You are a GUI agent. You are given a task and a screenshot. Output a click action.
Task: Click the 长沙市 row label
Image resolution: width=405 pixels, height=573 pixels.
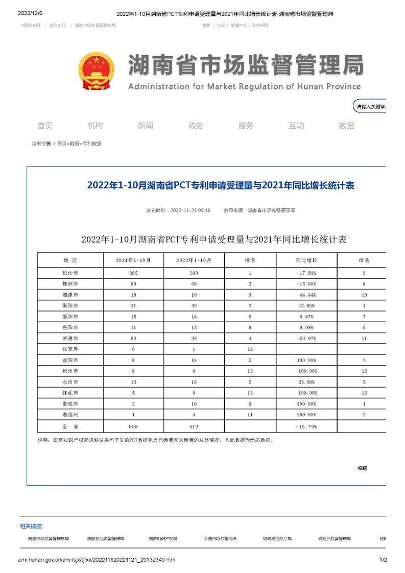pos(69,273)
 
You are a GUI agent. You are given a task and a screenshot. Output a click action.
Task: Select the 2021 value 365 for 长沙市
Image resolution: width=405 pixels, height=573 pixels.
pos(133,273)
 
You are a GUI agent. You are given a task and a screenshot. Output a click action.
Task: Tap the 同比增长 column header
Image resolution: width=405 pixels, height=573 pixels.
pos(306,260)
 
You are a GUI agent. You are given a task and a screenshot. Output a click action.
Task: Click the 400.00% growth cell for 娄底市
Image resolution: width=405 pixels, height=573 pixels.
pos(306,403)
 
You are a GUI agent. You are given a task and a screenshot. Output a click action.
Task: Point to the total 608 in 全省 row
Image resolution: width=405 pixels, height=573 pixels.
pos(133,426)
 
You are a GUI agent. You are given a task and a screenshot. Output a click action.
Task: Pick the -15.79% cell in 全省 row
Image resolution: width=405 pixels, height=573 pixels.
pos(306,426)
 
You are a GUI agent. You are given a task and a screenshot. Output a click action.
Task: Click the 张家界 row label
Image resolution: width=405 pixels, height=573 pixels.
pos(69,349)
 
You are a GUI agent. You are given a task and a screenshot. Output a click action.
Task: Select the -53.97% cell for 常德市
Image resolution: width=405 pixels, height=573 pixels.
pos(306,339)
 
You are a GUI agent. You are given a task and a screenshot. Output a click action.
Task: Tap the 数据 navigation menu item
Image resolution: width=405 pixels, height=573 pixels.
pos(346,126)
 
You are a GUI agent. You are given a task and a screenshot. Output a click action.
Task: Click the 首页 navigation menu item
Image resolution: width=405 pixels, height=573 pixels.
pos(45,126)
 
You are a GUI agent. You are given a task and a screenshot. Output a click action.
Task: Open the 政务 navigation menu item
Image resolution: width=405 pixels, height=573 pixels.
pos(196,126)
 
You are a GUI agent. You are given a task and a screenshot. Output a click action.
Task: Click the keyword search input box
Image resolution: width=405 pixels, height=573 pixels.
pos(371,107)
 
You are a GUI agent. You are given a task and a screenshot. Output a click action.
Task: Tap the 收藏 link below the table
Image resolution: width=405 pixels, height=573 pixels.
pos(362,468)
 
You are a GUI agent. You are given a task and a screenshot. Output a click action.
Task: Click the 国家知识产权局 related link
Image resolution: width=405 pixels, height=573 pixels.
pos(163,538)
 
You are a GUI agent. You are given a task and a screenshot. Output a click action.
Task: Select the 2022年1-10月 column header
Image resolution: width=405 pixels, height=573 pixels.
pos(194,260)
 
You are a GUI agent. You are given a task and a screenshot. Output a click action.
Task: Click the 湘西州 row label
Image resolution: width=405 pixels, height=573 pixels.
pos(69,414)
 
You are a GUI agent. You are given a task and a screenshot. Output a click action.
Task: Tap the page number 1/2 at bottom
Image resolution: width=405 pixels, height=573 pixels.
pos(384,560)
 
